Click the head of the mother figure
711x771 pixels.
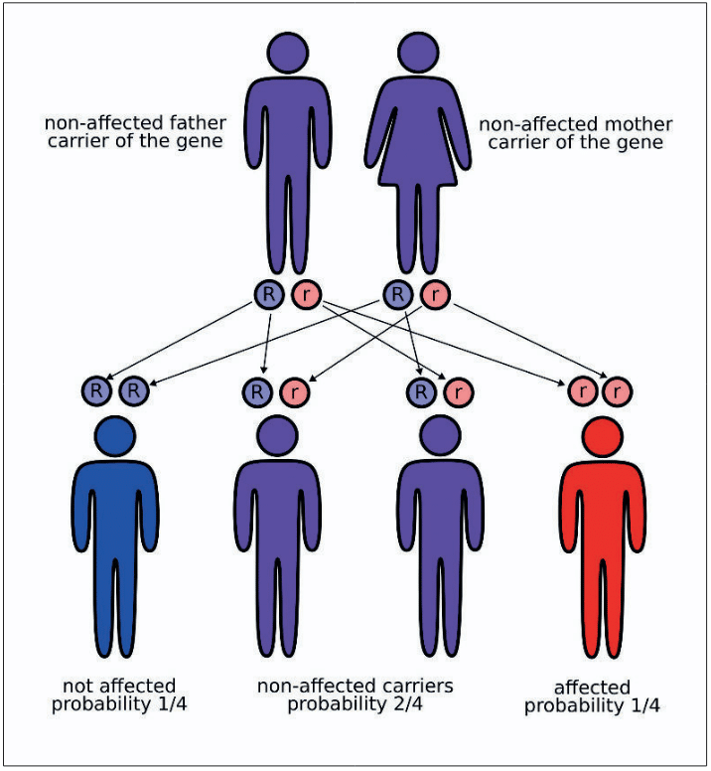(418, 52)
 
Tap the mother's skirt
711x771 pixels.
(418, 159)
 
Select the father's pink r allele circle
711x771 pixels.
(304, 294)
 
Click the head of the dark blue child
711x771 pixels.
(116, 437)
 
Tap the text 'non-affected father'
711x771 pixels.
(135, 124)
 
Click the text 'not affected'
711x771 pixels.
(118, 686)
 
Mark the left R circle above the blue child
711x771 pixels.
(96, 391)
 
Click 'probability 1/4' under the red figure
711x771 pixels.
(593, 706)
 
